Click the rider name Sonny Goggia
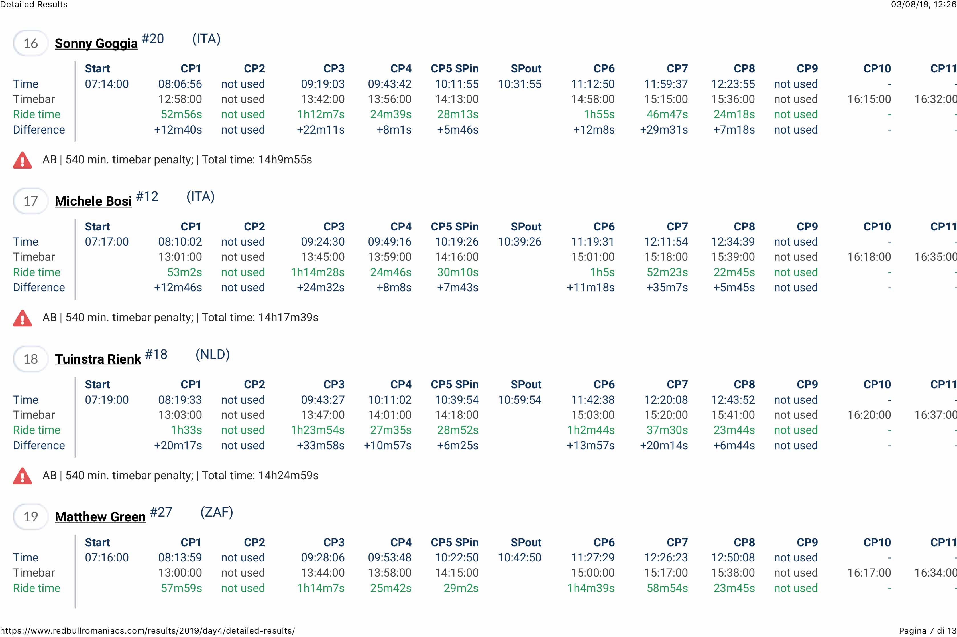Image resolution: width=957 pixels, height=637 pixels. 96,43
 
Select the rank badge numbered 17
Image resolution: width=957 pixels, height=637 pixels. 30,201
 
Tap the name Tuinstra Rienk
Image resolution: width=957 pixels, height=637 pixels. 98,359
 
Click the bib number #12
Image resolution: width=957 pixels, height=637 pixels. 147,197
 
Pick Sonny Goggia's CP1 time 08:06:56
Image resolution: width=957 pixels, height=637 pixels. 180,84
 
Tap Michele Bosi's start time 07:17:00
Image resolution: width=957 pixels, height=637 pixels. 107,242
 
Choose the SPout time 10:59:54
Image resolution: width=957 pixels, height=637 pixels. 520,400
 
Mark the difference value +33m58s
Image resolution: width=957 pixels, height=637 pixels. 320,445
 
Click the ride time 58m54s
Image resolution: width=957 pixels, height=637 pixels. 667,588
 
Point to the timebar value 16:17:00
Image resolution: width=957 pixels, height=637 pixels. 869,573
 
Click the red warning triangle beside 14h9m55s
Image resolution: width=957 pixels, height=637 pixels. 22,160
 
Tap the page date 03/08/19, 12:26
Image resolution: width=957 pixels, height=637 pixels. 923,5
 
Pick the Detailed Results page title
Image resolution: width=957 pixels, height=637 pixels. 34,5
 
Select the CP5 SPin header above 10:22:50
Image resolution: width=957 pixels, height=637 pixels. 455,542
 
